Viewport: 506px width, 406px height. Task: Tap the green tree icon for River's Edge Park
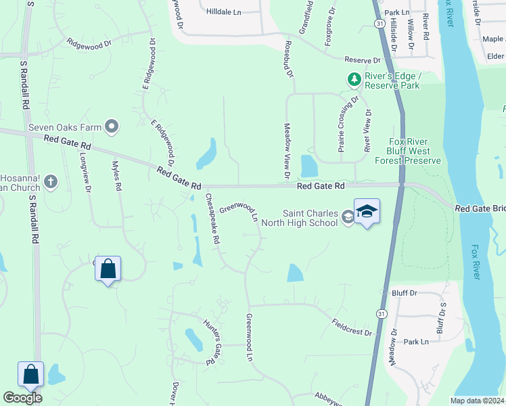click(354, 80)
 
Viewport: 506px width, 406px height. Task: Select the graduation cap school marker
click(367, 212)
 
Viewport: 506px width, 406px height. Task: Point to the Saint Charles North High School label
click(309, 218)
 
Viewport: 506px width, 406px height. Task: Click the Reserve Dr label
click(363, 60)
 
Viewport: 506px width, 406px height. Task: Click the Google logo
click(22, 398)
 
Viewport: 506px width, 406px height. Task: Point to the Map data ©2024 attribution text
click(476, 401)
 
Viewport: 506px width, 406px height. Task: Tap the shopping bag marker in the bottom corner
click(31, 374)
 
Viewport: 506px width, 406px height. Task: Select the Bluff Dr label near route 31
click(405, 293)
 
